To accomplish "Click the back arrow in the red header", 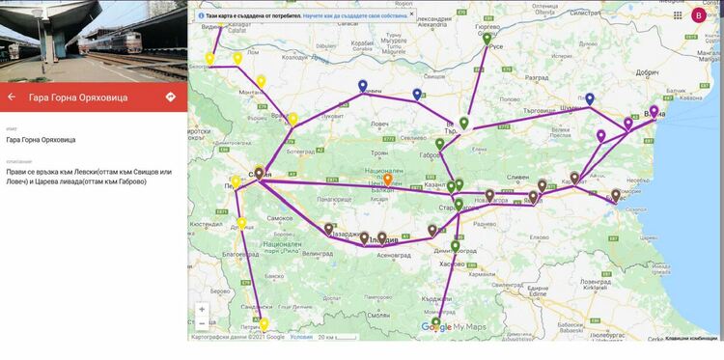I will pyautogui.click(x=12, y=97).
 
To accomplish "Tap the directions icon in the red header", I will pyautogui.click(x=171, y=97).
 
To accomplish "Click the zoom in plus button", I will pyautogui.click(x=202, y=310).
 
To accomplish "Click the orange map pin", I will pyautogui.click(x=388, y=180).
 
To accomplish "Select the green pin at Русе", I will pyautogui.click(x=487, y=40).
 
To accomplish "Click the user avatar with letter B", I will pyautogui.click(x=699, y=14).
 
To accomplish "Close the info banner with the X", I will pyautogui.click(x=411, y=15).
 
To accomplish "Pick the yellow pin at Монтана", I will pyautogui.click(x=261, y=81).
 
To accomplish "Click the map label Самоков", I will pyautogui.click(x=280, y=219).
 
